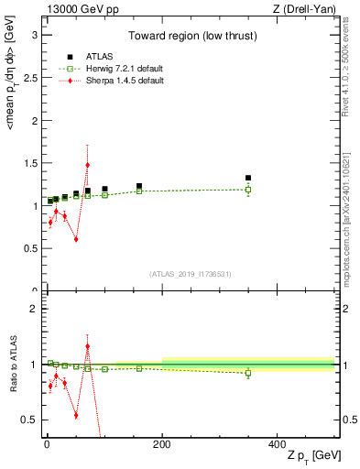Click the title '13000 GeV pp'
coord(78,9)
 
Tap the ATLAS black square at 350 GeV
coord(248,178)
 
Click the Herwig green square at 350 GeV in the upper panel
coord(248,190)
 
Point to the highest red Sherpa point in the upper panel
coord(87,165)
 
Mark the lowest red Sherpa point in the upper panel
coord(76,239)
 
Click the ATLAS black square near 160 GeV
coord(139,186)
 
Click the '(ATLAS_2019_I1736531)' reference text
coord(190,274)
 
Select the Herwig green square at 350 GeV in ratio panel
coord(248,373)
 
